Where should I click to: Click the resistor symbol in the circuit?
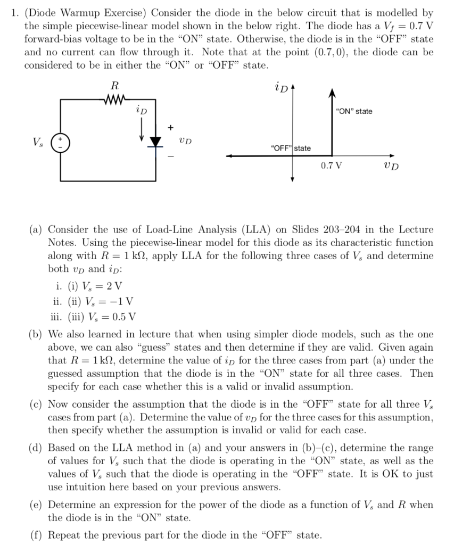pyautogui.click(x=115, y=97)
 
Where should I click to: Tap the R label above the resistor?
pyautogui.click(x=114, y=85)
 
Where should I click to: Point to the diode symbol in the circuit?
pyautogui.click(x=156, y=141)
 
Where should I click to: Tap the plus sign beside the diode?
pyautogui.click(x=171, y=127)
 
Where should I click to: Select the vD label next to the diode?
pyautogui.click(x=185, y=141)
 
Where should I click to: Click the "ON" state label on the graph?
pyautogui.click(x=354, y=111)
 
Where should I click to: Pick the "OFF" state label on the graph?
pyautogui.click(x=291, y=147)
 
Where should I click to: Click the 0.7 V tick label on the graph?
pyautogui.click(x=332, y=166)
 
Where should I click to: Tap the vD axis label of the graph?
pyautogui.click(x=390, y=166)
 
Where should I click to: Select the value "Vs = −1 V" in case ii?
pyautogui.click(x=109, y=302)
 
